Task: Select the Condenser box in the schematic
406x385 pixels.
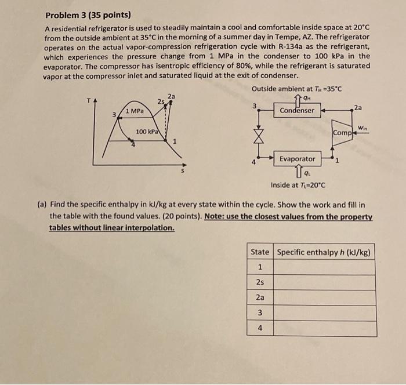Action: [x=297, y=110]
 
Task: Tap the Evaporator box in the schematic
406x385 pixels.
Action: [x=297, y=158]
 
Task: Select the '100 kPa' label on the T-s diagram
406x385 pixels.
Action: [x=146, y=132]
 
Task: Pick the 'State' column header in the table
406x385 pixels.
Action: [x=259, y=252]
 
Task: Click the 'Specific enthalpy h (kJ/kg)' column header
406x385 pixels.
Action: [x=324, y=252]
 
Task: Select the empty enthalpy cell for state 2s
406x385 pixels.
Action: [x=324, y=282]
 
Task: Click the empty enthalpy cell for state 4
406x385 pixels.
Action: [x=324, y=328]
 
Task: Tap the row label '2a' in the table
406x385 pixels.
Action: [x=259, y=297]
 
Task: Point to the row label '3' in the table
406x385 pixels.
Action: [x=259, y=313]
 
